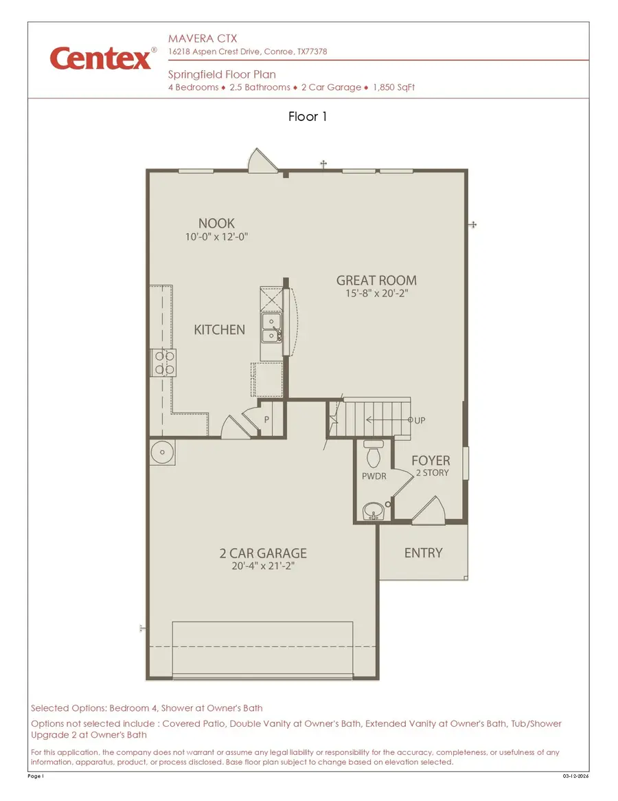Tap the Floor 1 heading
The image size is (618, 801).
(x=308, y=117)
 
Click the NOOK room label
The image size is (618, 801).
(x=216, y=223)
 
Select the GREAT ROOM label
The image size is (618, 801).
(x=376, y=281)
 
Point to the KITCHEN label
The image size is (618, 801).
(x=219, y=330)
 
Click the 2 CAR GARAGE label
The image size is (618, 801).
(x=263, y=553)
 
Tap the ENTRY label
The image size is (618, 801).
(x=423, y=553)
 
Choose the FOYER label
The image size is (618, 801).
(x=431, y=461)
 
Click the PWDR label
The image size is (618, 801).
(x=374, y=476)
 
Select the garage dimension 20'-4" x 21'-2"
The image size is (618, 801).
(x=263, y=567)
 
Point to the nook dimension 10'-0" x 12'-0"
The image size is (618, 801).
(x=216, y=237)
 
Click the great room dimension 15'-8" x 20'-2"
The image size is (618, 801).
(x=376, y=294)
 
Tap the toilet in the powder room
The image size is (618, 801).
(x=374, y=455)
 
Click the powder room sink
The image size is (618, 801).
(x=373, y=511)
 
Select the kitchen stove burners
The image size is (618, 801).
(x=164, y=362)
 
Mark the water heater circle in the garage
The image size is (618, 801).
(x=163, y=452)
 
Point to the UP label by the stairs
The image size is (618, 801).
(x=420, y=420)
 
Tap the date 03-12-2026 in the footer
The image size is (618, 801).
(x=575, y=776)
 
